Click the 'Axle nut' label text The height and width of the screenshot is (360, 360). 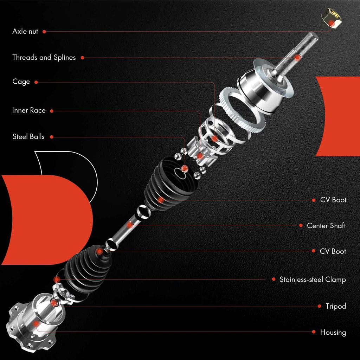25,31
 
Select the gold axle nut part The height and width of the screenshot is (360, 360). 332,18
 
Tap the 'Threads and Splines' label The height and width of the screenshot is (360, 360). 44,57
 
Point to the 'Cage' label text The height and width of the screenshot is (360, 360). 21,82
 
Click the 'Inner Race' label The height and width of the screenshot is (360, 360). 29,110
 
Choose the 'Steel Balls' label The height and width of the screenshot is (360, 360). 28,137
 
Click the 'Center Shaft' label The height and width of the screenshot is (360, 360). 326,225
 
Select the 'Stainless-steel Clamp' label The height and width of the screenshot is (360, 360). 313,279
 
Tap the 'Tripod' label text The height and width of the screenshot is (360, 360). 336,306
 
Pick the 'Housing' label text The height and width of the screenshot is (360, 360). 333,332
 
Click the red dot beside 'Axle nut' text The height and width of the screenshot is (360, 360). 44,31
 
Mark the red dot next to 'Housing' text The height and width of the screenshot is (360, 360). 314,332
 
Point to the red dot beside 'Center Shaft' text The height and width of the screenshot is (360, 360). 301,225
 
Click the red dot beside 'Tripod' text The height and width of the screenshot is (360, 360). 319,306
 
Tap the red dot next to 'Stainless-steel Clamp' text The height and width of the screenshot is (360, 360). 274,279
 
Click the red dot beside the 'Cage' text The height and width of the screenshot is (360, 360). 36,82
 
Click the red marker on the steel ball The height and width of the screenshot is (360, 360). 184,168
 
